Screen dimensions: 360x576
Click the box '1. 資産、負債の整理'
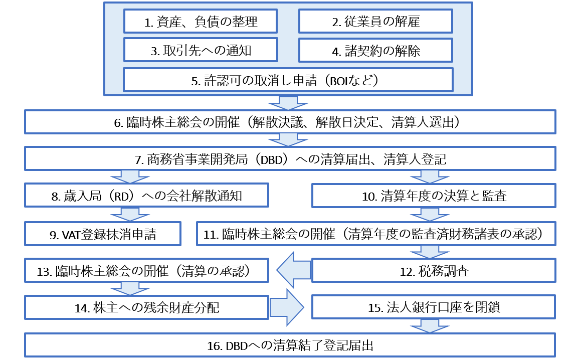coord(201,22)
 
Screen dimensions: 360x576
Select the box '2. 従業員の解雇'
coord(375,22)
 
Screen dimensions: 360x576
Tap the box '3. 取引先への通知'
coord(201,51)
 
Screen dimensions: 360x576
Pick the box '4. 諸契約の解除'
coord(375,51)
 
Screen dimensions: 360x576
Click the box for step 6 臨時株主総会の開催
coord(290,122)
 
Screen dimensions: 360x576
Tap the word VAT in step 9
coord(73,234)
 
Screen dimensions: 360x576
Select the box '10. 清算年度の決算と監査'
coord(434,196)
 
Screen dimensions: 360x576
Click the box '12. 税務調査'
coord(434,271)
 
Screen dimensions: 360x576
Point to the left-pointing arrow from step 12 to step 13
coord(293,271)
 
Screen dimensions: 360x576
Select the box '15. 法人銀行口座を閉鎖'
coord(434,307)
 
